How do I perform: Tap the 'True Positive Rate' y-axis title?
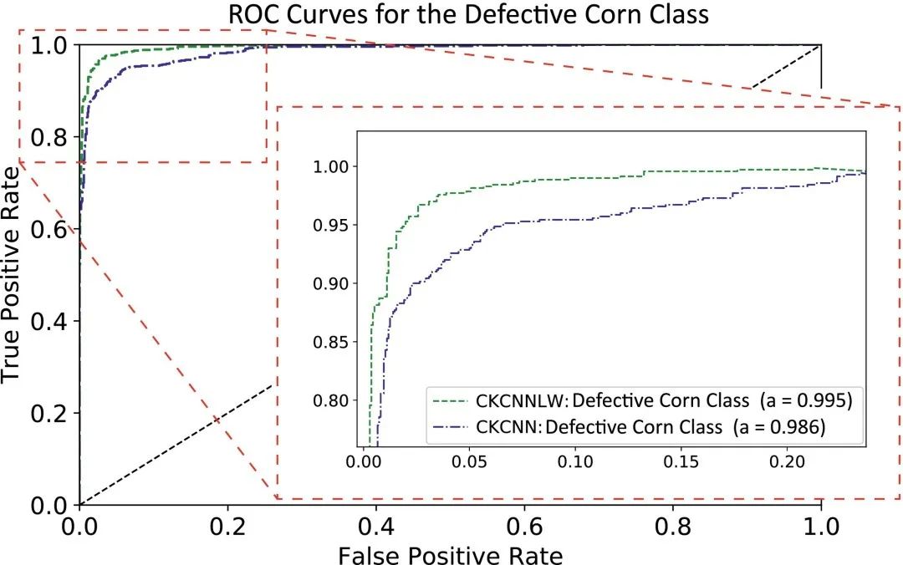click(x=12, y=274)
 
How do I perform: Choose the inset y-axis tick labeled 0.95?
click(x=329, y=225)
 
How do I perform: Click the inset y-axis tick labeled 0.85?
click(x=329, y=342)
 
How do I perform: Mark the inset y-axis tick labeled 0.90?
click(x=329, y=283)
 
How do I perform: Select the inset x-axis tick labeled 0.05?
click(x=471, y=461)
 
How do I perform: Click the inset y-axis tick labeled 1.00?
click(x=329, y=166)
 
